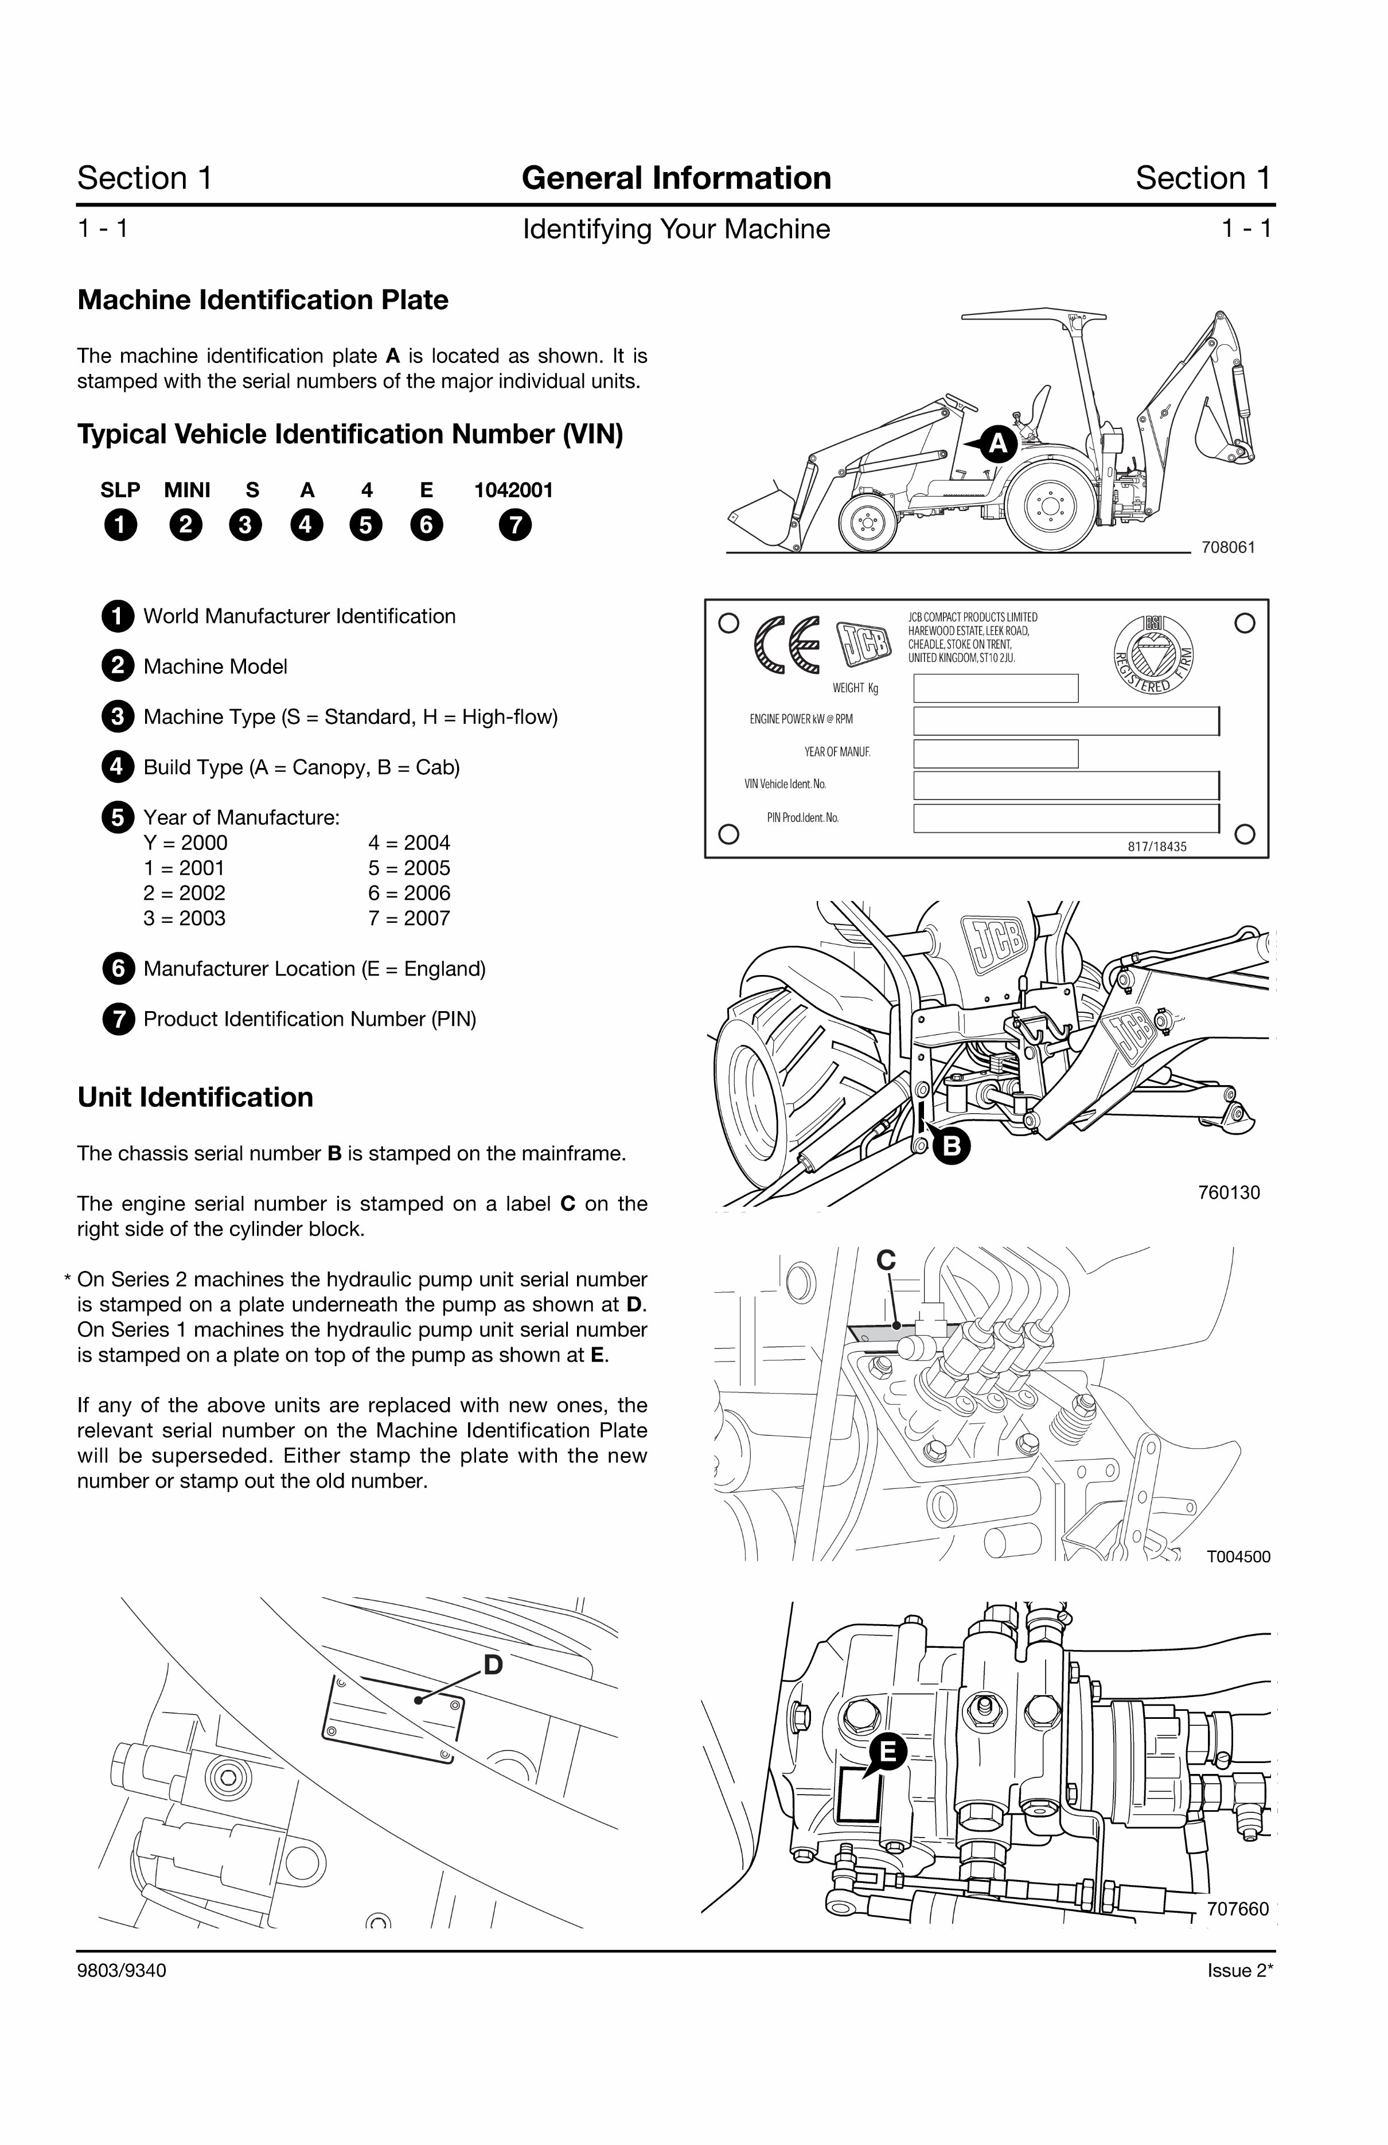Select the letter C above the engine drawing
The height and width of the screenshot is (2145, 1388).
(x=886, y=1260)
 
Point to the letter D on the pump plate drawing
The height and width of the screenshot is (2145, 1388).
(x=493, y=1664)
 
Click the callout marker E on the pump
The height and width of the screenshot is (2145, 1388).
(x=888, y=1752)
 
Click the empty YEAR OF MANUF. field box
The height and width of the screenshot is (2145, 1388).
(x=995, y=754)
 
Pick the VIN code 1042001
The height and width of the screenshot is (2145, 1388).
(x=514, y=490)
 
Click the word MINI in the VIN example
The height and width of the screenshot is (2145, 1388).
(x=186, y=490)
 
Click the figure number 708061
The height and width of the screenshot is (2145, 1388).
(x=1227, y=547)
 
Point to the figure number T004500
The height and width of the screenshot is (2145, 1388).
(x=1238, y=1557)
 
